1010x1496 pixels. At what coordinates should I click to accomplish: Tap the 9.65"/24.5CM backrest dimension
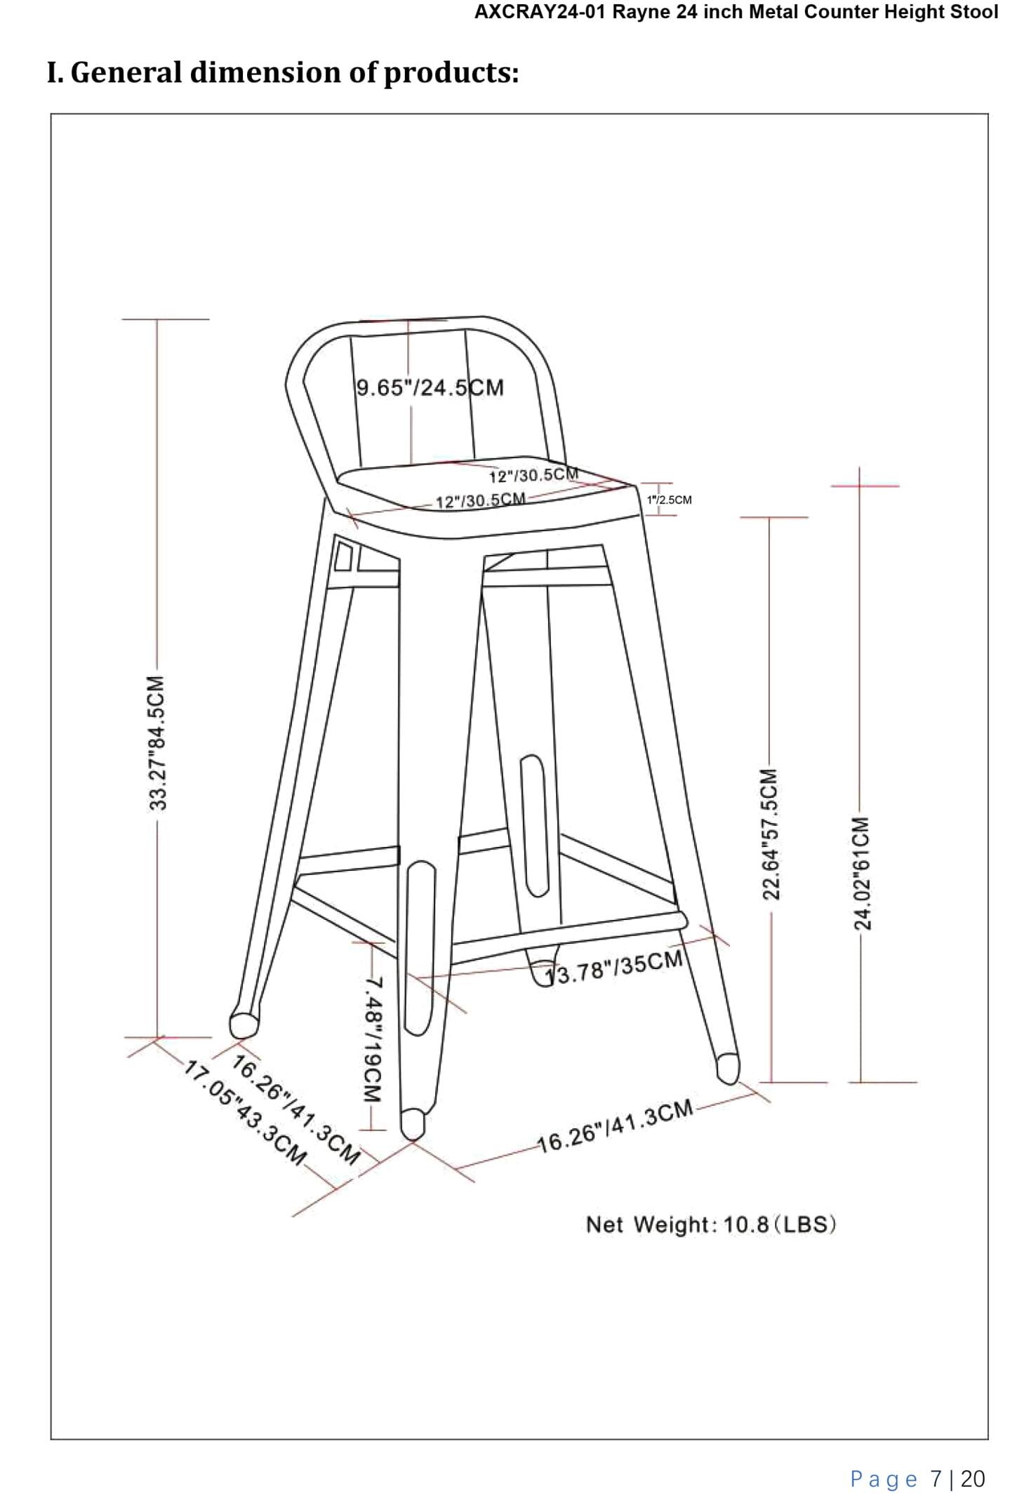(430, 387)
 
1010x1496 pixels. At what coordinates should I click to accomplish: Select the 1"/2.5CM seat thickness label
(669, 500)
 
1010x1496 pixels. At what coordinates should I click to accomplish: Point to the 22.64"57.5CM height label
(770, 833)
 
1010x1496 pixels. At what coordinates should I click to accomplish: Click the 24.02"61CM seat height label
(861, 872)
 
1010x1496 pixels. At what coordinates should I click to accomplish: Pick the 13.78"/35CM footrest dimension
(615, 968)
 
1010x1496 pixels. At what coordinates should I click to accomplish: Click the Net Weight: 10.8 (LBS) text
(710, 1224)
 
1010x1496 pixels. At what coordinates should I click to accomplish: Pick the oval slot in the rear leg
(534, 825)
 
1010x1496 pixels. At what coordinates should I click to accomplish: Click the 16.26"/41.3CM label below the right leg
(615, 1126)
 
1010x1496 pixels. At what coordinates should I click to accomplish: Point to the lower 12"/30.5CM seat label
(480, 500)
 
